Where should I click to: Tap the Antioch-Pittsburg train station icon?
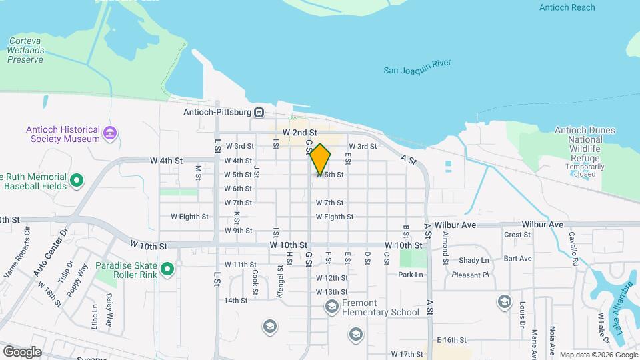[259, 113]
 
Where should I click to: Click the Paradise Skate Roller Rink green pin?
[167, 270]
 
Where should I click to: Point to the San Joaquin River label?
[417, 67]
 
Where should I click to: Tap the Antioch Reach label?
[567, 7]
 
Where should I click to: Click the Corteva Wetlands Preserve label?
[25, 50]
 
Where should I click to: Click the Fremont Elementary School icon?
[331, 307]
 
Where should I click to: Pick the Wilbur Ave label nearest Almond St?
[455, 225]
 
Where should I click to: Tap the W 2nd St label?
[298, 133]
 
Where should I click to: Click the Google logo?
[22, 352]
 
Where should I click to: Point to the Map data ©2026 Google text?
[597, 355]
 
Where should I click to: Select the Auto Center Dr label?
[51, 253]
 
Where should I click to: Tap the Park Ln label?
[410, 275]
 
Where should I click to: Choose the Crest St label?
[517, 235]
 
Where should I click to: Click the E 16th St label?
[450, 340]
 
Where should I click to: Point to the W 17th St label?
[407, 354]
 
